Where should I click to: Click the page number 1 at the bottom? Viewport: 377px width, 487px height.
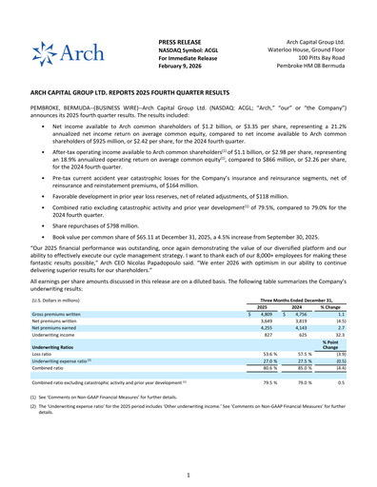point(188,474)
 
